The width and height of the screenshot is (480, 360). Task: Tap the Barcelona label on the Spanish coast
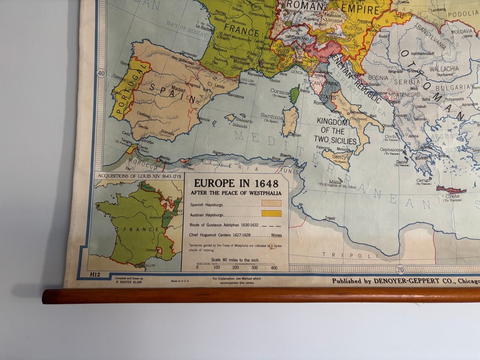pyautogui.click(x=236, y=96)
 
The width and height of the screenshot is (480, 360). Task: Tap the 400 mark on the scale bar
pyautogui.click(x=274, y=267)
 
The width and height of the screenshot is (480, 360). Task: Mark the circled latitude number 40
pyautogui.click(x=101, y=73)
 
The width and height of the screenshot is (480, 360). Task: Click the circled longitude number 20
pyautogui.click(x=401, y=270)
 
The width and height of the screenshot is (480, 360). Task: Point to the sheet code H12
pyautogui.click(x=96, y=274)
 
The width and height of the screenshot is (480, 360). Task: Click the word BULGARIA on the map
pyautogui.click(x=454, y=87)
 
